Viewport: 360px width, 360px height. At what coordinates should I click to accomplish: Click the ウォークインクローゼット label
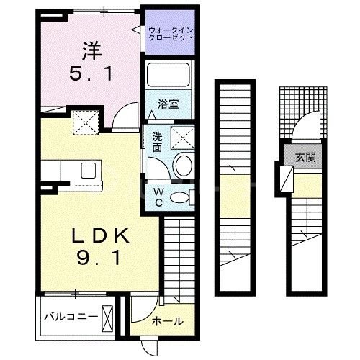coord(171,33)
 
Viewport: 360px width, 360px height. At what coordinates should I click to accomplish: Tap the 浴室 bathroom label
coord(168,103)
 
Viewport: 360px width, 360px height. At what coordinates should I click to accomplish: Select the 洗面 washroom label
coord(156,142)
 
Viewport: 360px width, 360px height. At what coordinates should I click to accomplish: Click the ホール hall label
coord(167,321)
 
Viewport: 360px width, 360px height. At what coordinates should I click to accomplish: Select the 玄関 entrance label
coord(302,156)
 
